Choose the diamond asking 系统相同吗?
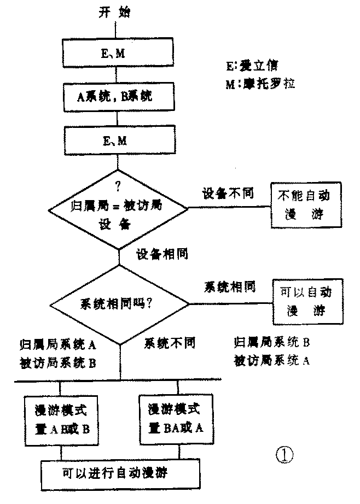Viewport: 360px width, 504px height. click(x=119, y=304)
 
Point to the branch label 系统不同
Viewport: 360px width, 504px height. click(x=170, y=343)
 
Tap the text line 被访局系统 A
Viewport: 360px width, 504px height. click(x=271, y=361)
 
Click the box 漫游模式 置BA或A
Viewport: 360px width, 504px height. click(x=177, y=418)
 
